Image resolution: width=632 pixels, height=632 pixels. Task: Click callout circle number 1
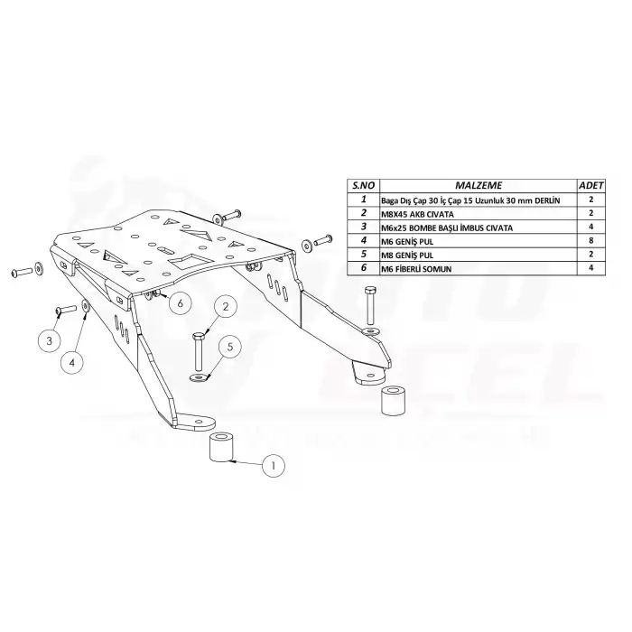pos(273,466)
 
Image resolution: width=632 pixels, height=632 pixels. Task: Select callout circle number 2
pos(226,307)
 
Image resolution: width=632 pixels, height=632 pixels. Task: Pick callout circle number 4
pos(75,362)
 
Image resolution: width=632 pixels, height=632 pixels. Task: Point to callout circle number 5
pos(229,345)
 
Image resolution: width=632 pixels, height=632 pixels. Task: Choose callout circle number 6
pos(179,303)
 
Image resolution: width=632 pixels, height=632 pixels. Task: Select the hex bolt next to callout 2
pos(199,347)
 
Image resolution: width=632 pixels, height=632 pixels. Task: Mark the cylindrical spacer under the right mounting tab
pos(391,401)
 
